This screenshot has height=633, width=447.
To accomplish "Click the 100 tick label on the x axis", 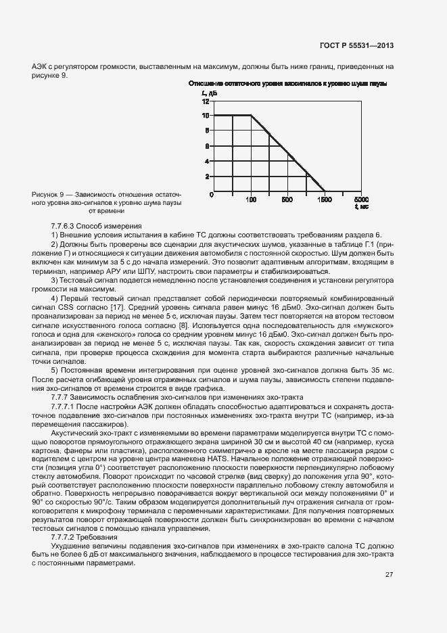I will tap(251, 200).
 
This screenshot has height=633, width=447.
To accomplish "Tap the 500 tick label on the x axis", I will tap(287, 200).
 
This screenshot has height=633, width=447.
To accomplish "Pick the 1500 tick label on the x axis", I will tap(325, 200).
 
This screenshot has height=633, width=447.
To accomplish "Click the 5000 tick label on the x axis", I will tap(362, 200).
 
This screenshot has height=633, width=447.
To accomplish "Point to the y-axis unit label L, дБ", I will tap(207, 92).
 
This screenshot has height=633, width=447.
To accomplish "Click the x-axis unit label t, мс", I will tap(362, 206).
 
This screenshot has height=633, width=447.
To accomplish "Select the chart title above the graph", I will tap(287, 83).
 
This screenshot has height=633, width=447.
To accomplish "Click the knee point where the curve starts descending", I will tap(251, 116).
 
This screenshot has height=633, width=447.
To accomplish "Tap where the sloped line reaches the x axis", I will tap(325, 191).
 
